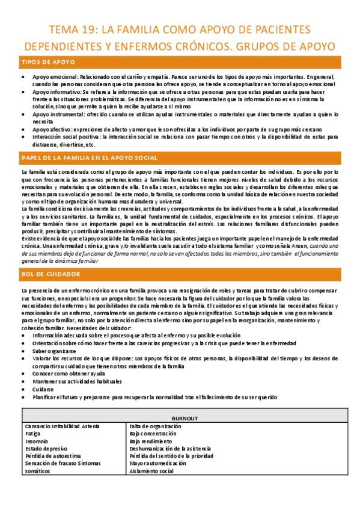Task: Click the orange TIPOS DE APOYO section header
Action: [40, 63]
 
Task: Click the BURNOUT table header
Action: [180, 418]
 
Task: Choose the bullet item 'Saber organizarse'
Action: [54, 351]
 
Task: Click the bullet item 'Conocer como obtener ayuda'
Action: [68, 373]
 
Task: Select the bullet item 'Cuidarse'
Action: [43, 389]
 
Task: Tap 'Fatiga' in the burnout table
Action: [34, 432]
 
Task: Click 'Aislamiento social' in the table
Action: [151, 472]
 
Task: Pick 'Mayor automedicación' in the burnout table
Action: [156, 464]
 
